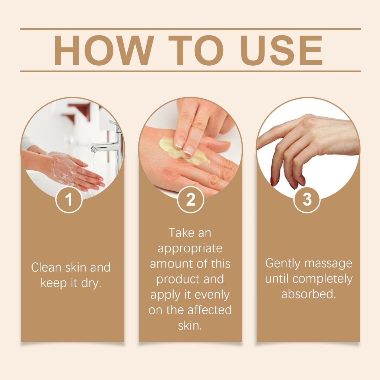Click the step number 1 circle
pyautogui.click(x=69, y=199)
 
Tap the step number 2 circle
pyautogui.click(x=190, y=199)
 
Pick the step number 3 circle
pyautogui.click(x=307, y=199)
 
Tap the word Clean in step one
pyautogui.click(x=46, y=268)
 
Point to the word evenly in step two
pyautogui.click(x=212, y=295)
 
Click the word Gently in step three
pyautogui.click(x=283, y=264)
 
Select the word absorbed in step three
pyautogui.click(x=308, y=294)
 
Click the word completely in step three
pyautogui.click(x=322, y=279)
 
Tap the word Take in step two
pyautogui.click(x=181, y=233)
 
